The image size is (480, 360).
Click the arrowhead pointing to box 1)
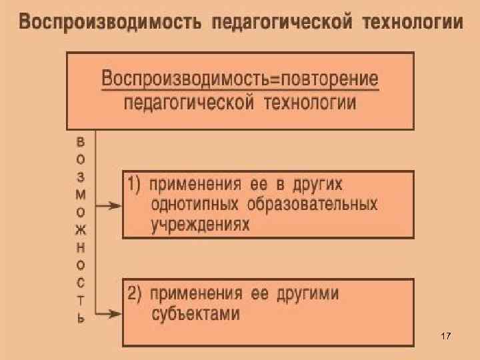(x=115, y=206)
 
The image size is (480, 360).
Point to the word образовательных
(x=312, y=204)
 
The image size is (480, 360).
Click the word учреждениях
(x=201, y=225)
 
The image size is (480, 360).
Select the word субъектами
(x=196, y=314)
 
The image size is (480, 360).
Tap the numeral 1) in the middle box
(x=134, y=184)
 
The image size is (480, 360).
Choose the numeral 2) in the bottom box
(x=134, y=294)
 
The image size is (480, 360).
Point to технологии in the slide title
(x=412, y=23)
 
